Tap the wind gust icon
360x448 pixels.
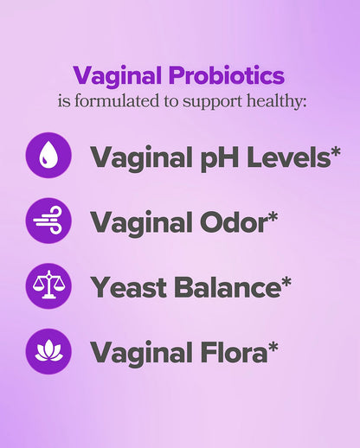[49, 221]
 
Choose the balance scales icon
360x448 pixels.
[49, 286]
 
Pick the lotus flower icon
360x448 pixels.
[49, 351]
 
